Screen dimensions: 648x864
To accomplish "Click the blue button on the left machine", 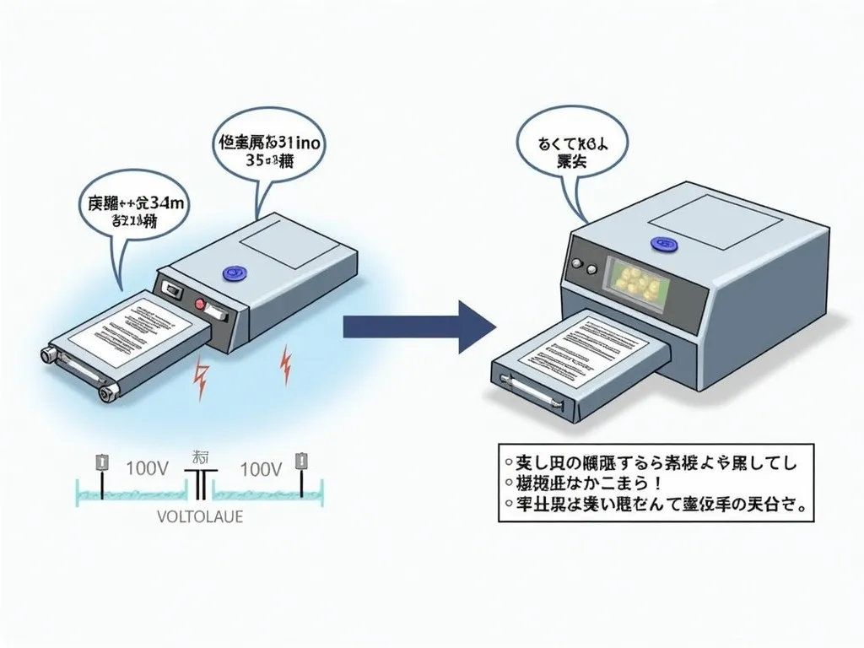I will [230, 273].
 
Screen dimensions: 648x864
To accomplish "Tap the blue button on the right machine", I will [662, 244].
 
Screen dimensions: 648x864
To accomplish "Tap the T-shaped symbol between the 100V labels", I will [201, 483].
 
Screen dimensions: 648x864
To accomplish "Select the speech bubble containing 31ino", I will [266, 152].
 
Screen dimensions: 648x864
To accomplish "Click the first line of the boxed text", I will [650, 462].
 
